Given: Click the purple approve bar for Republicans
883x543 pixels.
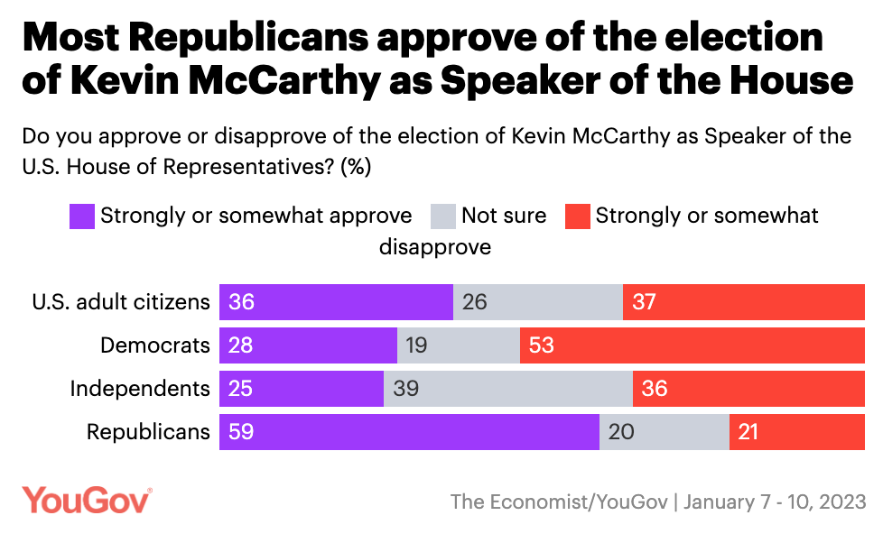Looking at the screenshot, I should pos(409,432).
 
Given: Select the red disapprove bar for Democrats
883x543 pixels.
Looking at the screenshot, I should pos(692,345).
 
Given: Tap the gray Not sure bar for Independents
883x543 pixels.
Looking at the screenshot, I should pos(508,389).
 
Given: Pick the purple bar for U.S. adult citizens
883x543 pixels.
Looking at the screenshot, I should pos(336,302).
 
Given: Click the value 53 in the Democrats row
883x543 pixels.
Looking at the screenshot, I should pos(542,345).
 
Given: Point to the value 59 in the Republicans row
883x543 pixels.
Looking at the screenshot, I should pos(242,432).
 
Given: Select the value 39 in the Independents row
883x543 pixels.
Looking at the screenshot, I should pos(406,389).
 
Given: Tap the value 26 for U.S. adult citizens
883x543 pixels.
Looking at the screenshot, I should pos(475,302).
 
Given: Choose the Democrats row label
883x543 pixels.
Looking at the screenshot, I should pos(155,345).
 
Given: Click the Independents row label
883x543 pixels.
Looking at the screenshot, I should pos(140,389).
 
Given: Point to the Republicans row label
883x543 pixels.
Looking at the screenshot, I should pos(148,432).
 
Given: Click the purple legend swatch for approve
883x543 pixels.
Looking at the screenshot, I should pos(81,216).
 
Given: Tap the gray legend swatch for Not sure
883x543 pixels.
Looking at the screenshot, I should pos(442,216).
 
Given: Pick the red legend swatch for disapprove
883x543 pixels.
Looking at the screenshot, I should pos(577,216).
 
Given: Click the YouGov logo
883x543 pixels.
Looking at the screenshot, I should pos(87,500).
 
